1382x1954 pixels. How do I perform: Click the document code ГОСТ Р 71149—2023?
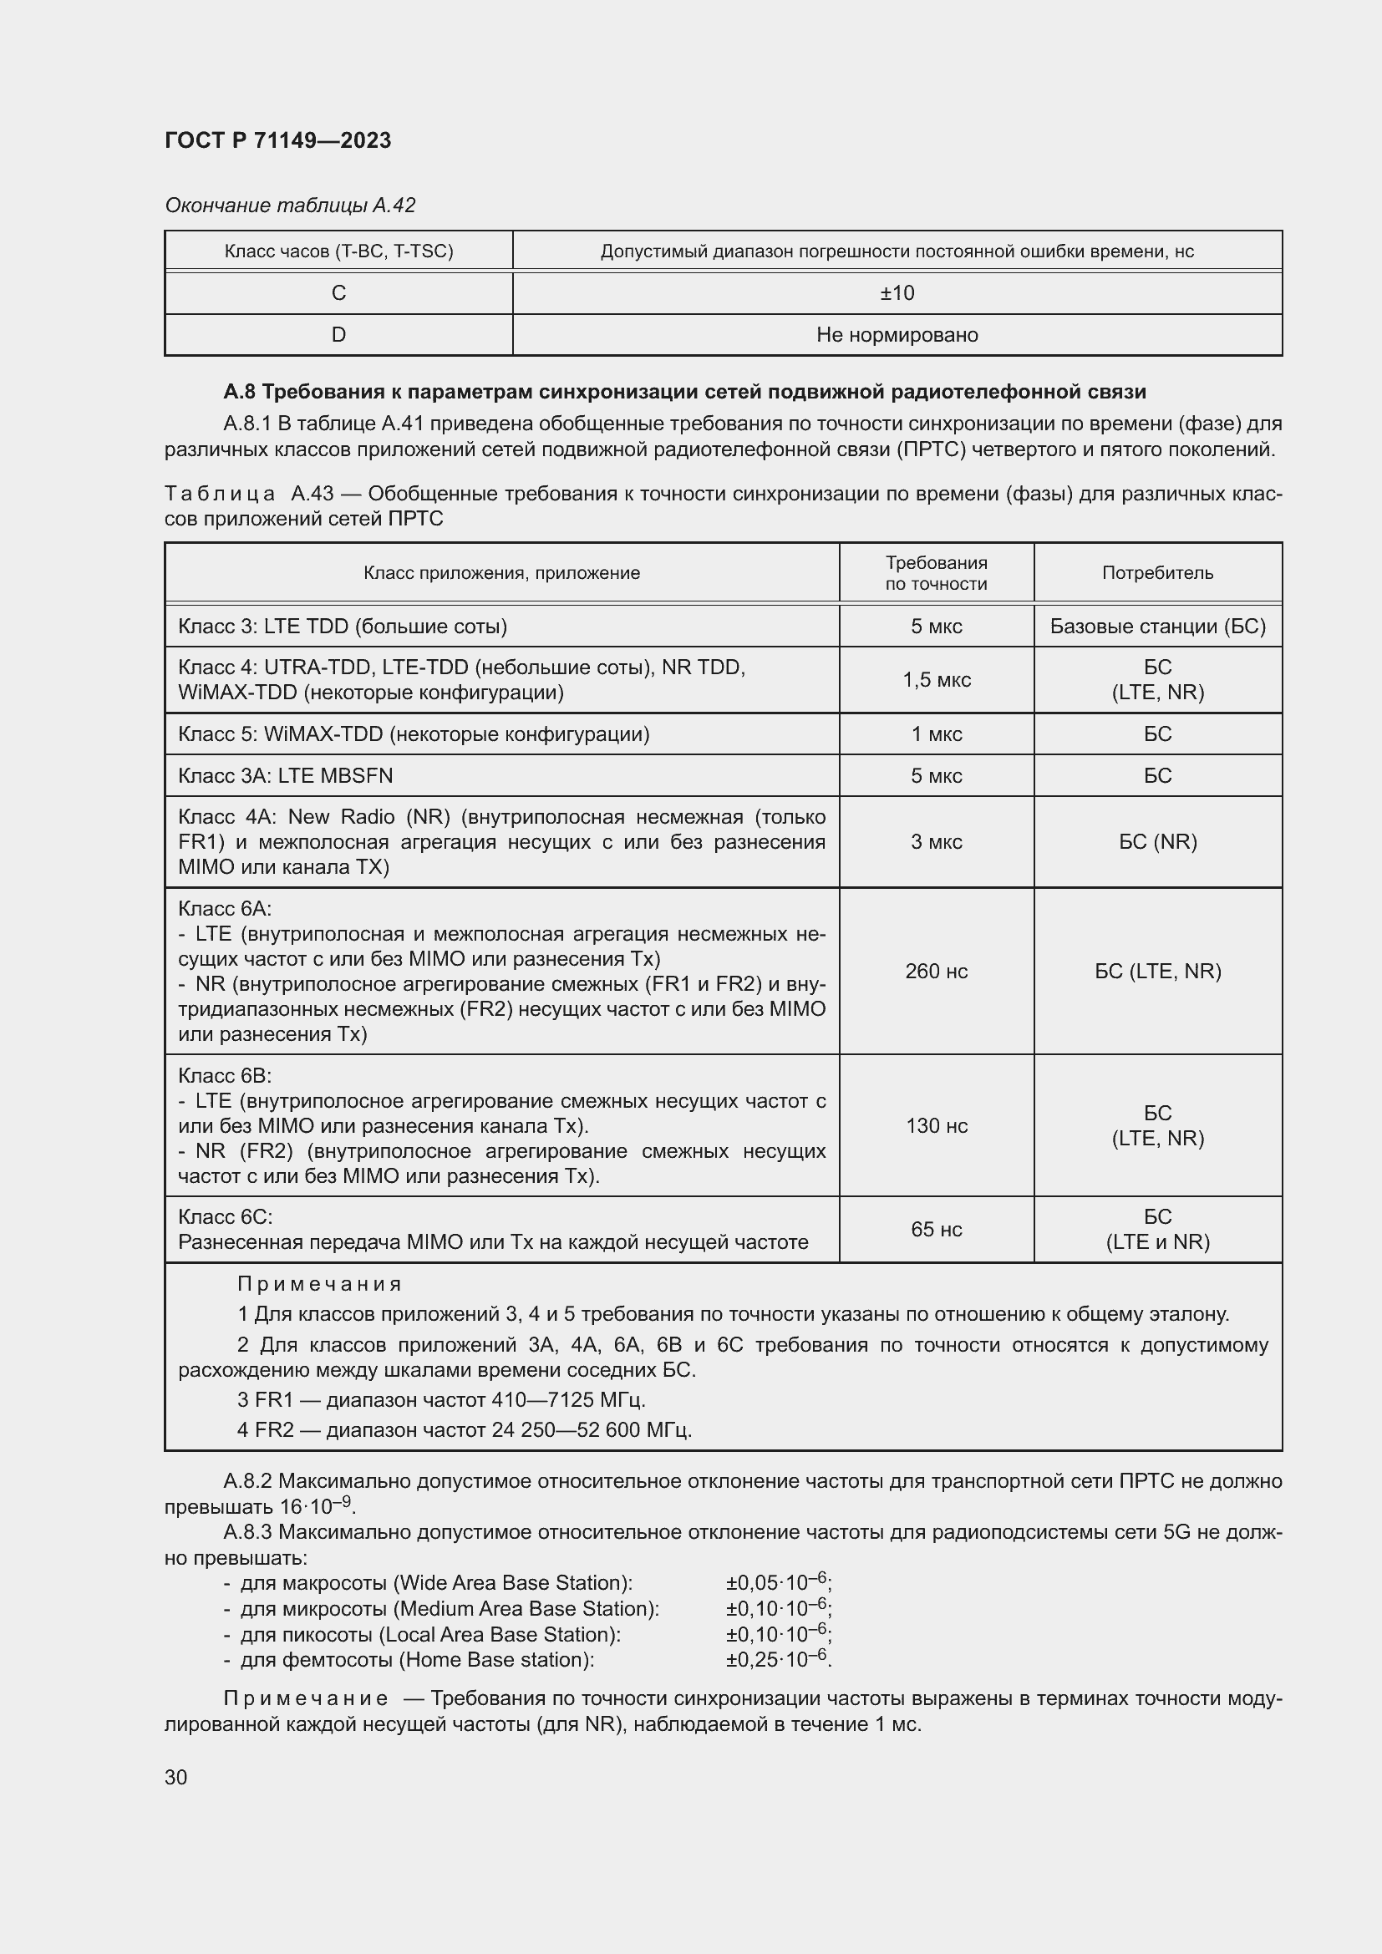(x=277, y=140)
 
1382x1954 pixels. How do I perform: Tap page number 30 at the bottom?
(x=175, y=1777)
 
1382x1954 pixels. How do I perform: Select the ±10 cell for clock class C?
(x=896, y=292)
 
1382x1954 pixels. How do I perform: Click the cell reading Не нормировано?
(x=896, y=334)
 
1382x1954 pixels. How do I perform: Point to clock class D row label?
(x=338, y=334)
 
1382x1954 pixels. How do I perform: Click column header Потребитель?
(x=1156, y=573)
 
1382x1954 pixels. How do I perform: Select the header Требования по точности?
(x=935, y=573)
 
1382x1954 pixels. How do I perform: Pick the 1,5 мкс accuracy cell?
(x=935, y=679)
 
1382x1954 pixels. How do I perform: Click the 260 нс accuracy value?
(x=935, y=971)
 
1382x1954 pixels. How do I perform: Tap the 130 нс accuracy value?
(x=935, y=1125)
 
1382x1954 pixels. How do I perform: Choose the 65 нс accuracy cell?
(x=935, y=1229)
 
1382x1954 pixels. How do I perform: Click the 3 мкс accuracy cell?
(x=935, y=842)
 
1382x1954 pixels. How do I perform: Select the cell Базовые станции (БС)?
(x=1156, y=627)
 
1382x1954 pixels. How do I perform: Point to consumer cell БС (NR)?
(x=1156, y=842)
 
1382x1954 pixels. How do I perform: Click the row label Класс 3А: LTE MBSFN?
(x=285, y=775)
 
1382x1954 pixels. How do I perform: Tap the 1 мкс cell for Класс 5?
(x=935, y=733)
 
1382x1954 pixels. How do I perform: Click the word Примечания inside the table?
(x=319, y=1283)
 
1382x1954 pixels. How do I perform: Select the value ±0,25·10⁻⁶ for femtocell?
(x=778, y=1659)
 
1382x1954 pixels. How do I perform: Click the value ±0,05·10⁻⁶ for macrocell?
(x=778, y=1582)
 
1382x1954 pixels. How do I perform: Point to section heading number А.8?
(x=239, y=392)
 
